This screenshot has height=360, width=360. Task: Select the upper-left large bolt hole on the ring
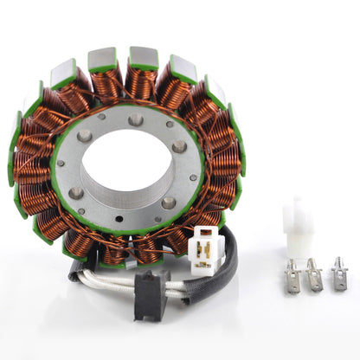click(85, 136)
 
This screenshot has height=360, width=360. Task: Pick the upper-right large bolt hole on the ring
click(178, 145)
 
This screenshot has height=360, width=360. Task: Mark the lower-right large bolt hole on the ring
click(168, 202)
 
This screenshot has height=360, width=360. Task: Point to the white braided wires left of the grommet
click(108, 279)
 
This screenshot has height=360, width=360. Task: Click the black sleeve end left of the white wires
click(75, 273)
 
